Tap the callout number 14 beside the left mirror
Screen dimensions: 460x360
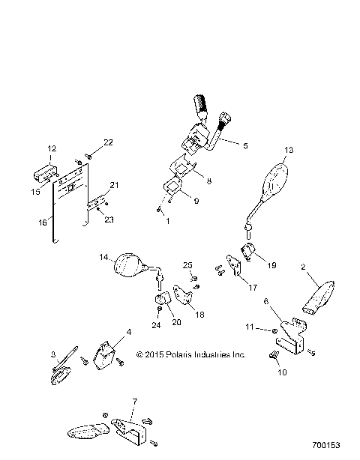click(105, 256)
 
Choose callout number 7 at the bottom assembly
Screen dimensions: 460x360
click(133, 402)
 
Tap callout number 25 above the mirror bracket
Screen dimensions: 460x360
click(187, 266)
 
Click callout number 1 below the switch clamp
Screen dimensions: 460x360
click(167, 221)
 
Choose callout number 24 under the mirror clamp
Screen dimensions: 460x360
click(156, 325)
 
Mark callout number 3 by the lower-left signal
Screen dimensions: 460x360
click(52, 354)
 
